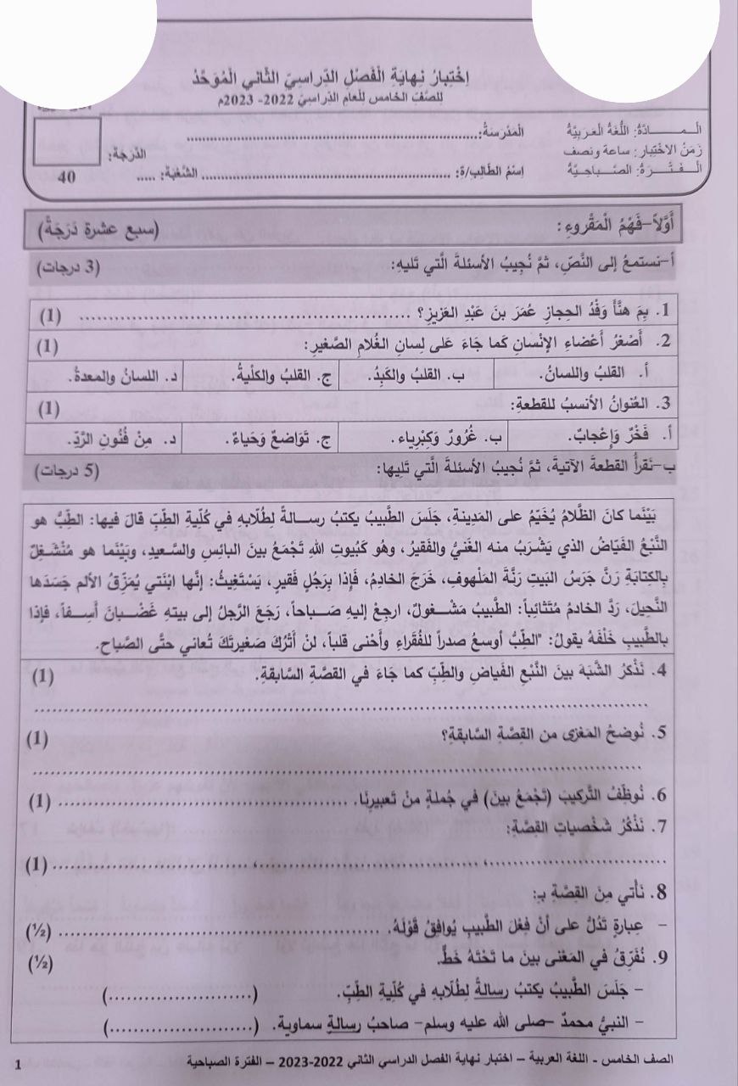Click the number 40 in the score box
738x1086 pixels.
64,177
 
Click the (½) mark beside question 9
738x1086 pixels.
40,964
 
